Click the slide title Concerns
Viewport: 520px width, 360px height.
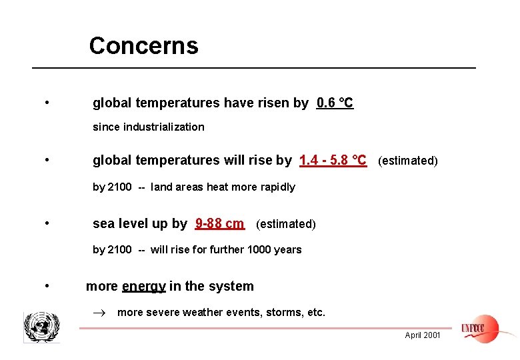[x=143, y=46]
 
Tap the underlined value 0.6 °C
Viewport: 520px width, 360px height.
[x=335, y=103]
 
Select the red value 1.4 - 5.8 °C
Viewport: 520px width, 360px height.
[x=333, y=161]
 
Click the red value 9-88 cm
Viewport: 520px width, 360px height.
[x=219, y=224]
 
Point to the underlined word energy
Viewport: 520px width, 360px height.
[x=144, y=287]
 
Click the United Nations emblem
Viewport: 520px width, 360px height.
[x=41, y=327]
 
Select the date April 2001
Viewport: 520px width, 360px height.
[x=423, y=335]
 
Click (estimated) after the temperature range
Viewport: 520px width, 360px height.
[x=408, y=161]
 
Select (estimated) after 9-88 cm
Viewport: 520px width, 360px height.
[x=285, y=224]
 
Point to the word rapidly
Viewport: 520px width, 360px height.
[x=277, y=187]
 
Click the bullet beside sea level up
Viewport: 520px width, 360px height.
[x=47, y=223]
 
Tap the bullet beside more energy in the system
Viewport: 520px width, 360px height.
[x=47, y=286]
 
